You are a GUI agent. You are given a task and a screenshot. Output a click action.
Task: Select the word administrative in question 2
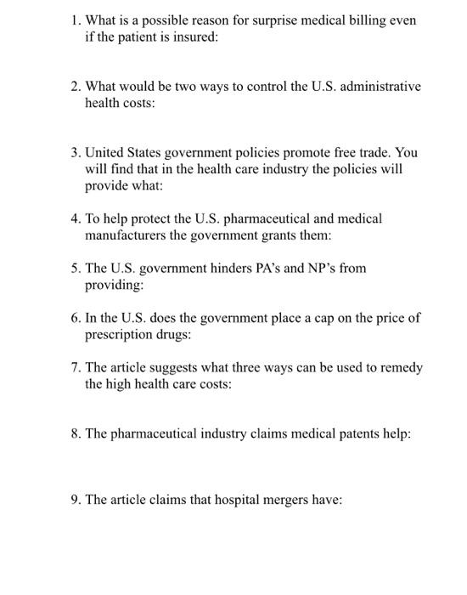click(x=380, y=87)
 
